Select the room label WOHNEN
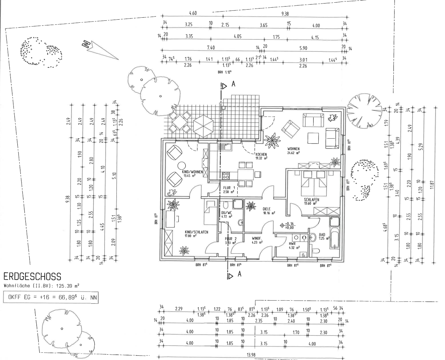[293, 149]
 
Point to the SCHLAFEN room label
[310, 200]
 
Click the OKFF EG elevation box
[51, 298]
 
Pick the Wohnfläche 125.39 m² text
[42, 286]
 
